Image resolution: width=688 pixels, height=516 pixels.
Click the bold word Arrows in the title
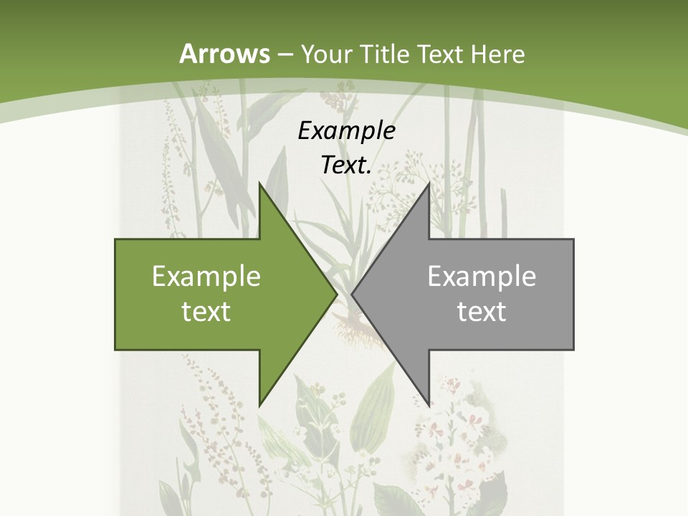click(x=224, y=54)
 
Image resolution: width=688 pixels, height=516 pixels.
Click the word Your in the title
click(x=326, y=54)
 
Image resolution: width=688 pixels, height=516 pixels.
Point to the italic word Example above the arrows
click(x=346, y=130)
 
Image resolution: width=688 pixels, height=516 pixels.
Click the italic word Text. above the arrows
click(x=346, y=166)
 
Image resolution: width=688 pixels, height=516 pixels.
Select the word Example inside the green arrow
click(x=206, y=276)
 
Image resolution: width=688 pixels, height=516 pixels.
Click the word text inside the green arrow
click(x=206, y=311)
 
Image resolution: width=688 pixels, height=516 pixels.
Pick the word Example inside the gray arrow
click(x=482, y=276)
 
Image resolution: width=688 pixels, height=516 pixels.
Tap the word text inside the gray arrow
click(x=482, y=311)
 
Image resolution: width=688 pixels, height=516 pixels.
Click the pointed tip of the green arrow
click(x=337, y=294)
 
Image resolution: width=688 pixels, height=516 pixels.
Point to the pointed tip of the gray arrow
click(x=352, y=294)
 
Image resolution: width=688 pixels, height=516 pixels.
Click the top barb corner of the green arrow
click(x=259, y=183)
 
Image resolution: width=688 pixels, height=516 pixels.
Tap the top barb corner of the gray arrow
click(x=429, y=183)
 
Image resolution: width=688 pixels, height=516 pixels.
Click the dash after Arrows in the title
click(x=285, y=54)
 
